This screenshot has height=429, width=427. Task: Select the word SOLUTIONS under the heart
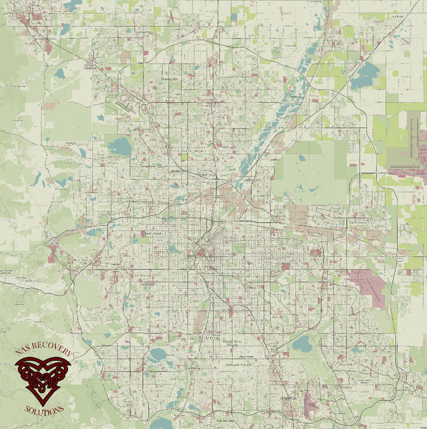[44, 408]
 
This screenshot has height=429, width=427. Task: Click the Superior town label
[90, 67]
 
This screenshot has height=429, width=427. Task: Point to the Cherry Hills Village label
[231, 341]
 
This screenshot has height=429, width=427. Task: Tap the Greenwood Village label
[238, 365]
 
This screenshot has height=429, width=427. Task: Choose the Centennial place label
[288, 398]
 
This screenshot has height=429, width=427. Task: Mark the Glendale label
[251, 288]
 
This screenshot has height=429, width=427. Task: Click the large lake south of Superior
[119, 146]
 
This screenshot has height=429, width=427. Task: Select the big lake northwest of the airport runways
[364, 77]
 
